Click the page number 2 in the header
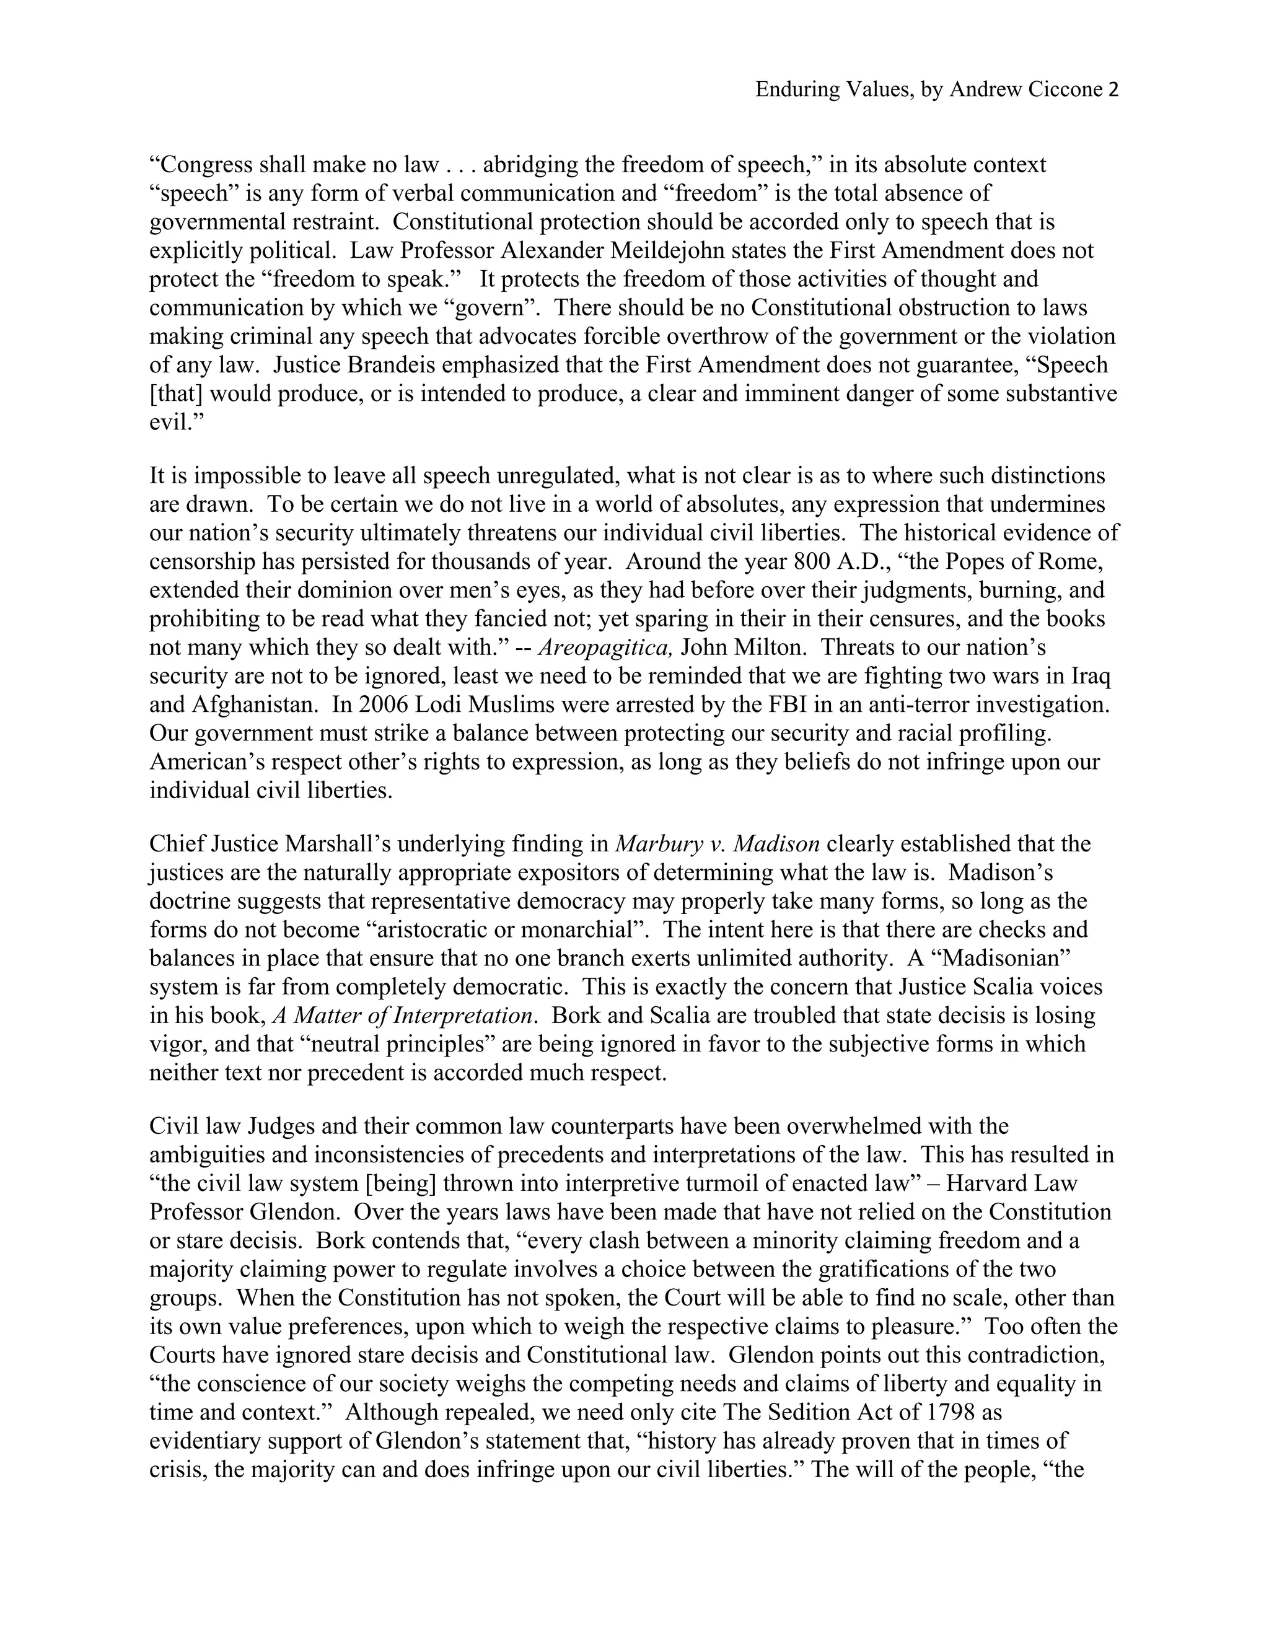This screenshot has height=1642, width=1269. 1113,90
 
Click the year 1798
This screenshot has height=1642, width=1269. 951,1412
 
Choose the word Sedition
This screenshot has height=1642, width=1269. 807,1412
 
